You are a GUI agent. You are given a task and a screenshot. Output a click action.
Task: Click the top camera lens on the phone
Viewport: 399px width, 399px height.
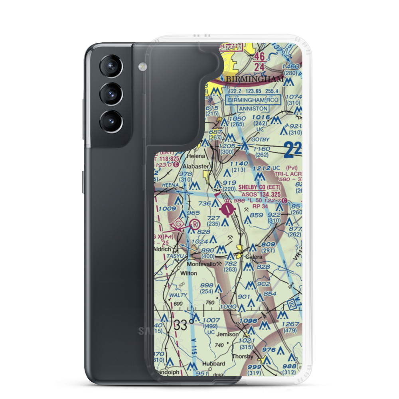coord(111,66)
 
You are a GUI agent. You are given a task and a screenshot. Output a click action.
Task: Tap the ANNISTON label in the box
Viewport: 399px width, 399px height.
coord(253,108)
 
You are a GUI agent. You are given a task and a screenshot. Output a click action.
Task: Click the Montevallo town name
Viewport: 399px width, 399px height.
coord(201,264)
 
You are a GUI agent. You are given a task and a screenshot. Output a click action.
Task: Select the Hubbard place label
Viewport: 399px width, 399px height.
coord(213,363)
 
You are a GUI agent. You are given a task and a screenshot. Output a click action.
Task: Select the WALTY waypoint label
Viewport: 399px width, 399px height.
coord(178,295)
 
